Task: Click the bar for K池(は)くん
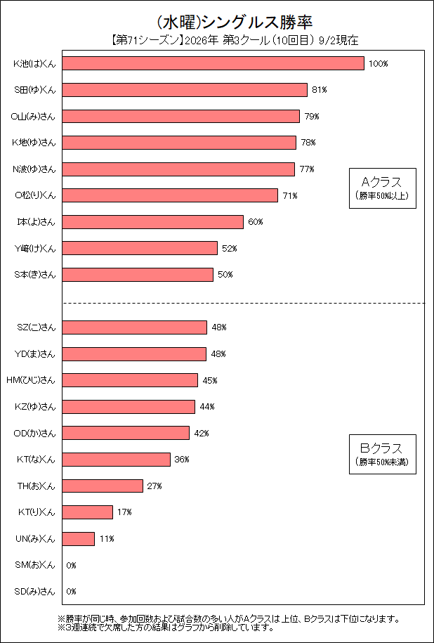(x=213, y=63)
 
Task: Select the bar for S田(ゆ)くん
(x=185, y=90)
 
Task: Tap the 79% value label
(x=312, y=117)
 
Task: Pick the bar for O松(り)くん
(x=170, y=195)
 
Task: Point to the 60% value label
(x=256, y=222)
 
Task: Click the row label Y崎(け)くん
(x=34, y=248)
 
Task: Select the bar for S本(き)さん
(x=138, y=275)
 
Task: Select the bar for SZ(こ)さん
(x=134, y=327)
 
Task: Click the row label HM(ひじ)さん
(x=31, y=380)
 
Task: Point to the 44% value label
(x=207, y=407)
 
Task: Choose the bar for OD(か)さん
(x=126, y=433)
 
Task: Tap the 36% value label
(x=182, y=460)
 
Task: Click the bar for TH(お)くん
(x=103, y=486)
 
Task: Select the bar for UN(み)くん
(x=79, y=539)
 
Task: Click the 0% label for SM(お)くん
(x=72, y=566)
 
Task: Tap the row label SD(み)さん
(x=34, y=592)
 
